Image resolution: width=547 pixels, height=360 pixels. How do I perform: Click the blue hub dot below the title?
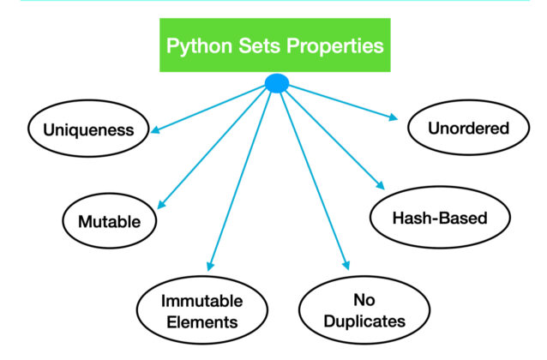tap(277, 83)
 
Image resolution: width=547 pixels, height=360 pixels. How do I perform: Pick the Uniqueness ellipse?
tap(92, 130)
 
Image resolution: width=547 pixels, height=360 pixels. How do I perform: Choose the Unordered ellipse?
tap(468, 129)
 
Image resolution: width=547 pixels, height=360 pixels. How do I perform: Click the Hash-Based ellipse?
tap(440, 218)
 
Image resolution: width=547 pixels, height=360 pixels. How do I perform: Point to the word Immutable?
tap(202, 301)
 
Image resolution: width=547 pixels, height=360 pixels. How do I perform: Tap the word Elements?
tap(202, 323)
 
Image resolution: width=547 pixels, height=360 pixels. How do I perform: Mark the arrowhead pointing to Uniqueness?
tap(155, 132)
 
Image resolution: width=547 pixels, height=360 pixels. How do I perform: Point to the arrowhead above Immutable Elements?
tap(209, 267)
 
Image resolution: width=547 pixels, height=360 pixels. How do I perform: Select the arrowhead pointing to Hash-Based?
tap(379, 187)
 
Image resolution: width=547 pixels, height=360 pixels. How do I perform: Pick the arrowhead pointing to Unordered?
tap(394, 117)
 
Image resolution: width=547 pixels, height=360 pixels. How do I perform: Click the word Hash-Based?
tap(440, 218)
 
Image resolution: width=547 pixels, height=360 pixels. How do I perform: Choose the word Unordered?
tap(468, 129)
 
